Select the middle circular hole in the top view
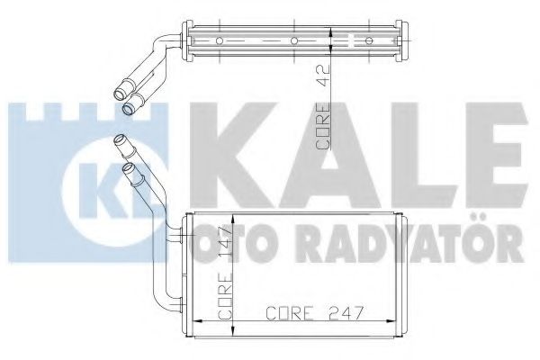(294, 40)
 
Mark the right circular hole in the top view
(369, 40)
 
